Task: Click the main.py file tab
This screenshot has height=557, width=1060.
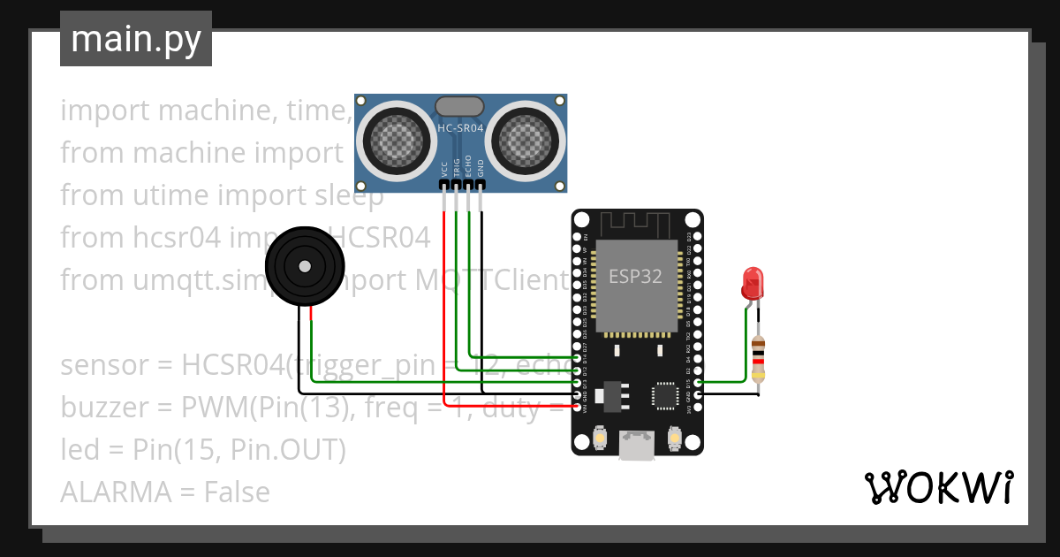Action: pos(135,39)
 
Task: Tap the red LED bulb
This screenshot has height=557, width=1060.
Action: pos(752,283)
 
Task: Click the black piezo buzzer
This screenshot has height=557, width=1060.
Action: pos(305,265)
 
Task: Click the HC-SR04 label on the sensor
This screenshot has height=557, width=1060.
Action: pos(460,129)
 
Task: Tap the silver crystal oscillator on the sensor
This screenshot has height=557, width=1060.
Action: pos(460,107)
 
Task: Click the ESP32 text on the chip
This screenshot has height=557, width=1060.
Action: pos(635,276)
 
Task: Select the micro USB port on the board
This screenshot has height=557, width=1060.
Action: pos(637,445)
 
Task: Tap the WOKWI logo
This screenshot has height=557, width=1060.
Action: pos(938,487)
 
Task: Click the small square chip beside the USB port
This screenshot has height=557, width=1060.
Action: pos(664,395)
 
